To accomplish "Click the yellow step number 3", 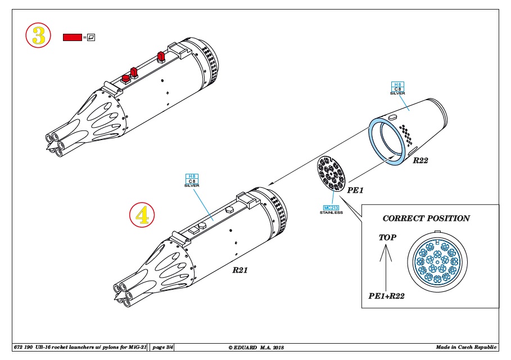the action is tap(38, 35).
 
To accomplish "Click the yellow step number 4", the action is tap(142, 215).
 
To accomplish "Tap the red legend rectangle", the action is tap(72, 37).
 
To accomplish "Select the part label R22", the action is tap(420, 160).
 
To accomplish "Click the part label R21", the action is tap(240, 270).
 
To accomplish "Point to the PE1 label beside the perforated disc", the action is tap(355, 190).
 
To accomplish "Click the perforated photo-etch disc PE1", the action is tap(331, 174).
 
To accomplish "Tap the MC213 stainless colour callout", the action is tap(331, 210).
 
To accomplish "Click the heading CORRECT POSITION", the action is tap(426, 218).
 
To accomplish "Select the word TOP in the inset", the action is tap(387, 237).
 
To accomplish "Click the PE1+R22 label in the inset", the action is tap(387, 296).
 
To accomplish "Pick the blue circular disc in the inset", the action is tap(437, 260).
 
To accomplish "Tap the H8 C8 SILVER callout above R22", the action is tap(397, 88).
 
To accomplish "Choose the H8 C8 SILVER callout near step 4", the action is tap(192, 181).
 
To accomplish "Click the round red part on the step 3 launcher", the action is tap(125, 79).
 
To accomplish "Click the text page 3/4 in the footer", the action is tap(162, 347).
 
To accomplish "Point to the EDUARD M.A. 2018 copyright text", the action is tap(256, 348).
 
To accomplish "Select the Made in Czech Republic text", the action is tap(467, 347).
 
